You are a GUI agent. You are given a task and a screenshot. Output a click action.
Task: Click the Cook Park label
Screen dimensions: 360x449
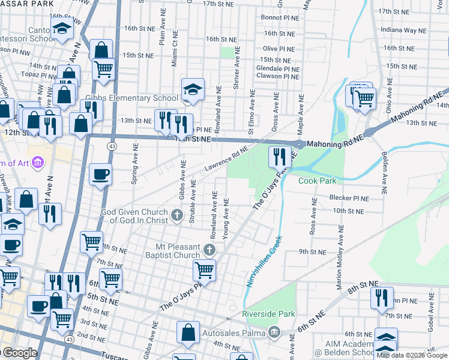point(318,181)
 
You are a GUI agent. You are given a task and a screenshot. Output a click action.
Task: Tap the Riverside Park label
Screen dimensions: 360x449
point(268,314)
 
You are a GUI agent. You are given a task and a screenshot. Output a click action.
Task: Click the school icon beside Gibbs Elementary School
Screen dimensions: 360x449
point(193,89)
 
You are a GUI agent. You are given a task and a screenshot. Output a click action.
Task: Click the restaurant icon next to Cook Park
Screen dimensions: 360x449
point(279,157)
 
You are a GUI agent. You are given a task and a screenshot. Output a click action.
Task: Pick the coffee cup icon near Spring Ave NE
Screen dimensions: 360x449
point(100,174)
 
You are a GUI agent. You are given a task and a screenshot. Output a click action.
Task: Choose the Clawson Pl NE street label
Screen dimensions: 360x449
point(277,77)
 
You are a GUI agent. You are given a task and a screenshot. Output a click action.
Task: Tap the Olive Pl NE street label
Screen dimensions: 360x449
point(278,49)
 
